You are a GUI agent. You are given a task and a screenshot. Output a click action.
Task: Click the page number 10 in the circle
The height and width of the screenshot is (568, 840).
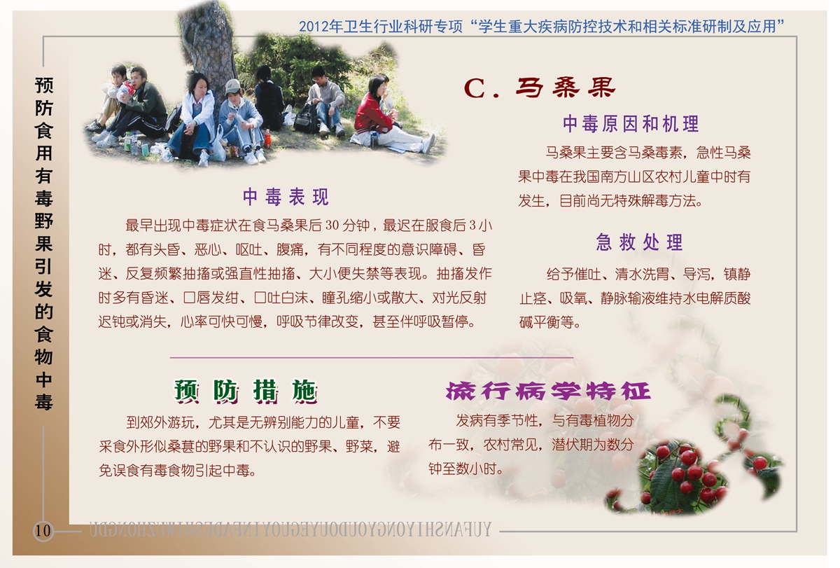(x=43, y=530)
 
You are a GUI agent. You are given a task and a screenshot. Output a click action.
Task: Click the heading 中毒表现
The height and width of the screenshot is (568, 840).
(x=286, y=197)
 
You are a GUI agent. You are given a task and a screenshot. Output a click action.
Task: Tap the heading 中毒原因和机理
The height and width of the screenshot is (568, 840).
(x=631, y=124)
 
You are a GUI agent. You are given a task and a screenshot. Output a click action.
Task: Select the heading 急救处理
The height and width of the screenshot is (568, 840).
(x=639, y=242)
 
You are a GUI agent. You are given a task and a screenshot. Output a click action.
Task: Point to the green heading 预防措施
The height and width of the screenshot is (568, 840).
(x=246, y=392)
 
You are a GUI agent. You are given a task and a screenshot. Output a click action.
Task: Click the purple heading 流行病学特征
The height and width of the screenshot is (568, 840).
(x=548, y=391)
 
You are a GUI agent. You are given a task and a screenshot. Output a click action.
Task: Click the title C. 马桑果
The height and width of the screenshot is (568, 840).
(x=539, y=88)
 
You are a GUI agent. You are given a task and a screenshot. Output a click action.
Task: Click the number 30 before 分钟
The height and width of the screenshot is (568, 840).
(x=332, y=225)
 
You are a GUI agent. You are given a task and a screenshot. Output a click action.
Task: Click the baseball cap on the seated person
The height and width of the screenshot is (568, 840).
(x=232, y=85)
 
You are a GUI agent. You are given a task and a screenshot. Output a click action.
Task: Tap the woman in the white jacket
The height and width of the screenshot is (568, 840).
(x=195, y=116)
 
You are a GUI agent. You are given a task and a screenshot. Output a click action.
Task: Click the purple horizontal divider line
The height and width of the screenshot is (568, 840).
(x=371, y=357)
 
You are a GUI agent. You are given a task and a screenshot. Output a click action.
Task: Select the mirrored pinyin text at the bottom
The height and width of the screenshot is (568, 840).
(x=290, y=529)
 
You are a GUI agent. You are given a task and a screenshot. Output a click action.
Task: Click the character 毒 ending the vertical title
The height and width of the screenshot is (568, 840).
(x=43, y=402)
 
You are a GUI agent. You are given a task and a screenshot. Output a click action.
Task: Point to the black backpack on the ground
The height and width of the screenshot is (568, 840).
(x=306, y=118)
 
